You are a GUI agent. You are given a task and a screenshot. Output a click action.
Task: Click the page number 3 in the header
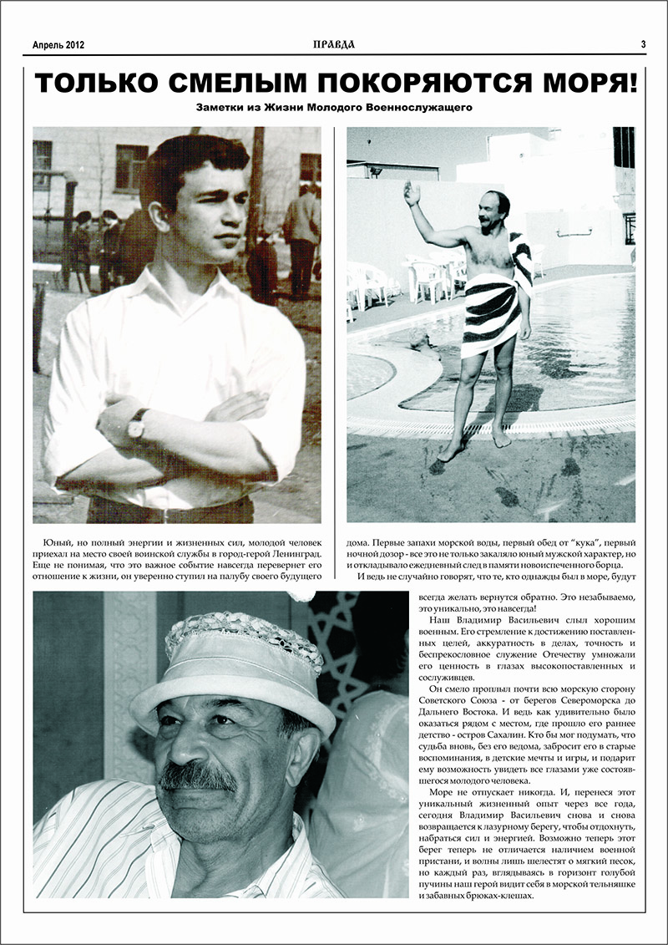pyautogui.click(x=643, y=44)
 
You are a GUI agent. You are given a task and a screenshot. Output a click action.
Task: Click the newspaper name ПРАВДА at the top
pyautogui.click(x=334, y=44)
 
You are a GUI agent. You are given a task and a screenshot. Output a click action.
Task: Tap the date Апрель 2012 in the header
pyautogui.click(x=58, y=45)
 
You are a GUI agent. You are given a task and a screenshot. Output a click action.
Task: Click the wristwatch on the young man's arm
pyautogui.click(x=136, y=425)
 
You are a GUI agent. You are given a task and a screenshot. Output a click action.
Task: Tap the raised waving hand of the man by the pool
pyautogui.click(x=411, y=193)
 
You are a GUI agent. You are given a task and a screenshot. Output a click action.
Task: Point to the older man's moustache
pyautogui.click(x=198, y=777)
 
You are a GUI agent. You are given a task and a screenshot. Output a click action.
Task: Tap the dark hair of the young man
pyautogui.click(x=192, y=159)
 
